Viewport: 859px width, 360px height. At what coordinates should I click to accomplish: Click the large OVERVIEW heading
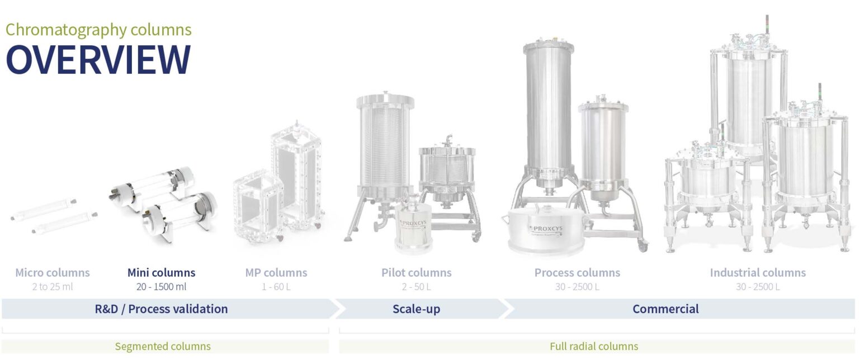pyautogui.click(x=98, y=59)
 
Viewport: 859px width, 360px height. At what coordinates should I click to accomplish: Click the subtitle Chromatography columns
pyautogui.click(x=98, y=29)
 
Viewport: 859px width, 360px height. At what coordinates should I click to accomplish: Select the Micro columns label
pyautogui.click(x=53, y=273)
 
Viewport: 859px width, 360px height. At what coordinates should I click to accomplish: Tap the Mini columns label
pyautogui.click(x=162, y=273)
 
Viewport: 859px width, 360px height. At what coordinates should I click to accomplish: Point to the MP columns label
pyautogui.click(x=276, y=273)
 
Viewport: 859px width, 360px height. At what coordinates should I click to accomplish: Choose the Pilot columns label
pyautogui.click(x=417, y=273)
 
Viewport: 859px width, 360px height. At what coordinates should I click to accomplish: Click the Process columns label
pyautogui.click(x=577, y=273)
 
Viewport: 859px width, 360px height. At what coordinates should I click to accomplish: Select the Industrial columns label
pyautogui.click(x=758, y=273)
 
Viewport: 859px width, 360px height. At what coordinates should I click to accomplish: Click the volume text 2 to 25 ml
pyautogui.click(x=53, y=287)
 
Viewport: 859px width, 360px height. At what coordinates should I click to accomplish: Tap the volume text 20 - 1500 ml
pyautogui.click(x=162, y=287)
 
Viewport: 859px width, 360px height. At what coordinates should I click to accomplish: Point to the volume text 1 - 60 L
pyautogui.click(x=276, y=287)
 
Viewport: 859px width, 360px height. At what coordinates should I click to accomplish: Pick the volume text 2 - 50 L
pyautogui.click(x=417, y=287)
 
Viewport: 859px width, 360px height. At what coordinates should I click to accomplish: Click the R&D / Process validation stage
pyautogui.click(x=162, y=309)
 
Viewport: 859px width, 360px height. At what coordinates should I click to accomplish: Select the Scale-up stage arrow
pyautogui.click(x=417, y=309)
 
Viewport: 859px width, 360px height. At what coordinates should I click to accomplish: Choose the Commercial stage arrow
pyautogui.click(x=666, y=309)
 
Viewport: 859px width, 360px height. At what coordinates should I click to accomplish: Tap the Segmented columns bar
pyautogui.click(x=163, y=347)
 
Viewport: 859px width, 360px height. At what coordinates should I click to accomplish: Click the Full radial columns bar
pyautogui.click(x=594, y=347)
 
